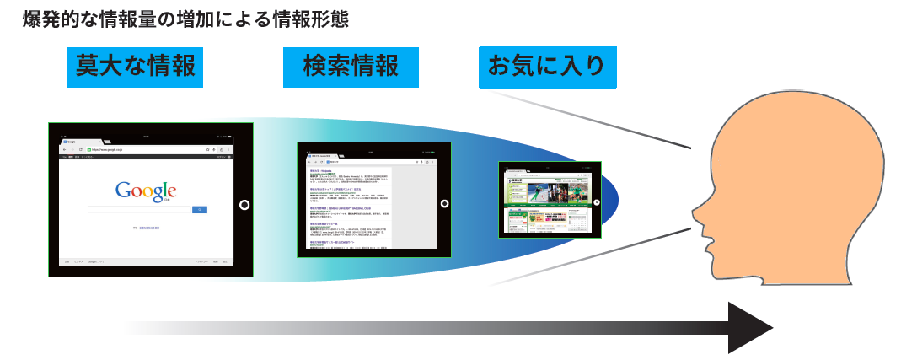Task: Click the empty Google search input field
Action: tap(140, 209)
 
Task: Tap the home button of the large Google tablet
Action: tap(244, 204)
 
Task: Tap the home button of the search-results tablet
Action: tap(444, 203)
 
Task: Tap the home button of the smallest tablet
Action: tap(597, 202)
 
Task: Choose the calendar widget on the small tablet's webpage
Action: tap(578, 220)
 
